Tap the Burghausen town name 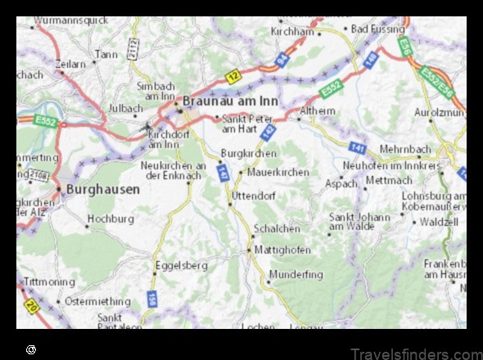pos(102,188)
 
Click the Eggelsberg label pos(181,265)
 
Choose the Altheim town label pos(318,110)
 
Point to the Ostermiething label pos(97,301)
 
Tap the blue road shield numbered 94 pos(281,59)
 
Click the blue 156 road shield pos(152,299)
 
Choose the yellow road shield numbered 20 pos(32,308)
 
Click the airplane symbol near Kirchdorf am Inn pos(146,127)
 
